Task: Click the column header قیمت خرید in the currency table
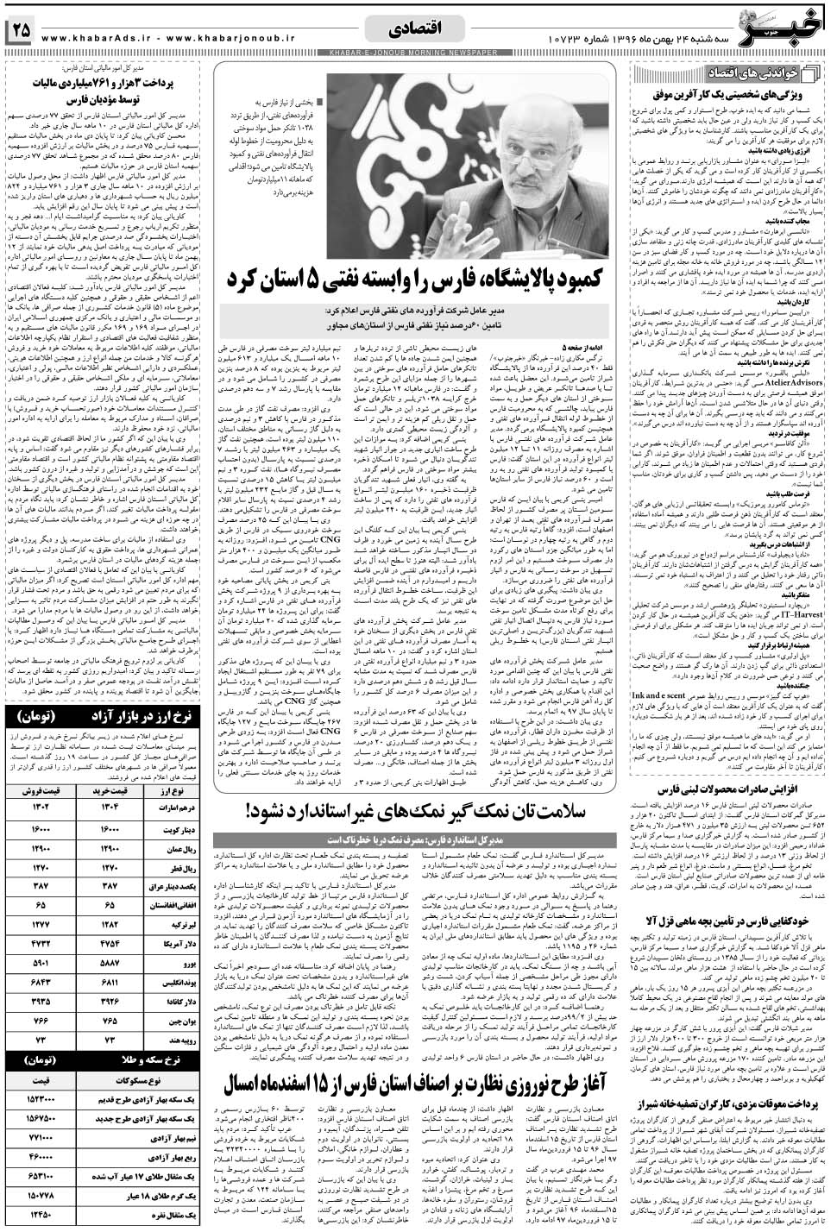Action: point(116,790)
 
